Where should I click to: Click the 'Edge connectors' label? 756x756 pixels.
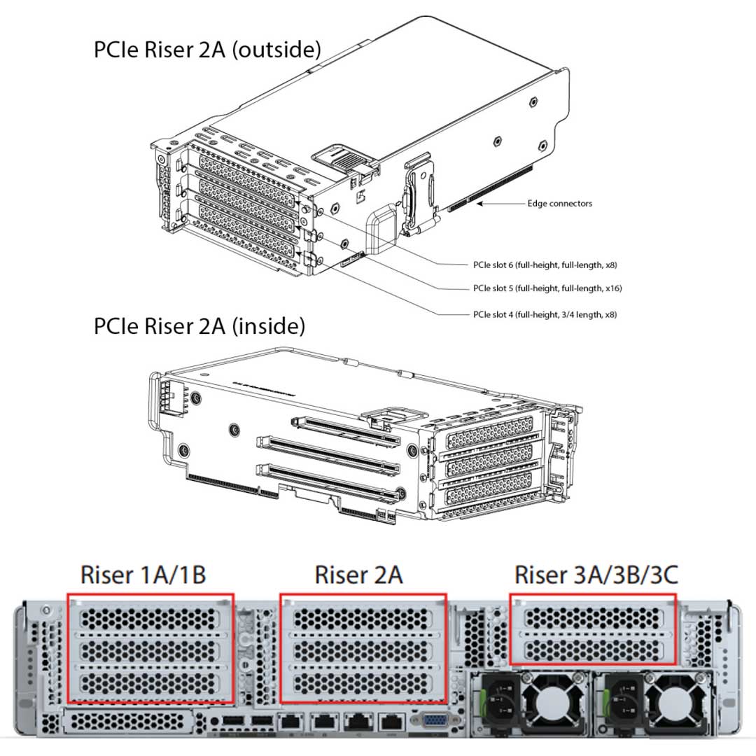(559, 204)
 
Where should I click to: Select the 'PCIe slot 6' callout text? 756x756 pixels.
(545, 265)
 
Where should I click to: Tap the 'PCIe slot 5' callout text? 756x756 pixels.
(547, 288)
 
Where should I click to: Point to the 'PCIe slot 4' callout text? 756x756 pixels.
(545, 315)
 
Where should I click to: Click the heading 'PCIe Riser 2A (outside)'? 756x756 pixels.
(207, 50)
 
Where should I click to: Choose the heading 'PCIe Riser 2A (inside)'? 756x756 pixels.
(199, 326)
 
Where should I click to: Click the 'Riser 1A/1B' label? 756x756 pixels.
(143, 575)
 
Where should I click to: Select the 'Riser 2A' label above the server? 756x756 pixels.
(358, 575)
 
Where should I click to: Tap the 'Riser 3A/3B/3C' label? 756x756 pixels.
(595, 575)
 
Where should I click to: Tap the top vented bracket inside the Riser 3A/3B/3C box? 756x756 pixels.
(593, 617)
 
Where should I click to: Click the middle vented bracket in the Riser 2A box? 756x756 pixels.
(363, 649)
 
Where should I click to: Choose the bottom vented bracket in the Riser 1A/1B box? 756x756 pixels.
(150, 682)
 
